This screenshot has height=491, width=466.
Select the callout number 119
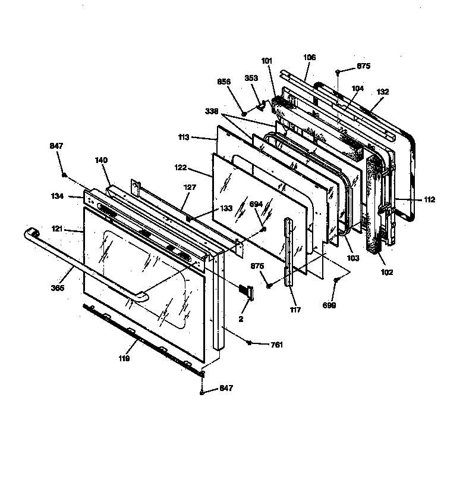(124, 359)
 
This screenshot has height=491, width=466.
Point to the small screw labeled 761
(249, 343)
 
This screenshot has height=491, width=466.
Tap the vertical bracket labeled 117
(289, 250)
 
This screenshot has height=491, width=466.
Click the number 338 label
(212, 111)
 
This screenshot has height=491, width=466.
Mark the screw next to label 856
(244, 112)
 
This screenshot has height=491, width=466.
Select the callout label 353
(251, 78)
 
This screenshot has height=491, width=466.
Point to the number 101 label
(266, 60)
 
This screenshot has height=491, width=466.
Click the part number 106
(309, 58)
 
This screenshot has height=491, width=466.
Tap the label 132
(382, 92)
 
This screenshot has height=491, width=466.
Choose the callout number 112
(429, 199)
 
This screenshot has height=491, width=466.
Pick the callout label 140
(102, 160)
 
